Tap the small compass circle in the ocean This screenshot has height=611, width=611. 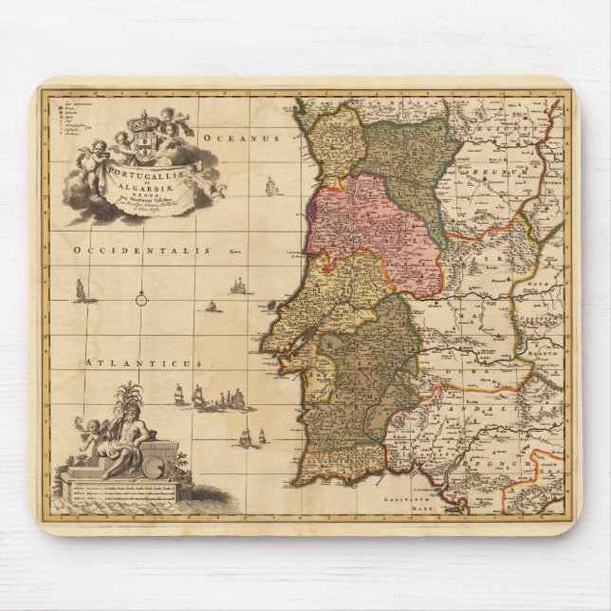[141, 300]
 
